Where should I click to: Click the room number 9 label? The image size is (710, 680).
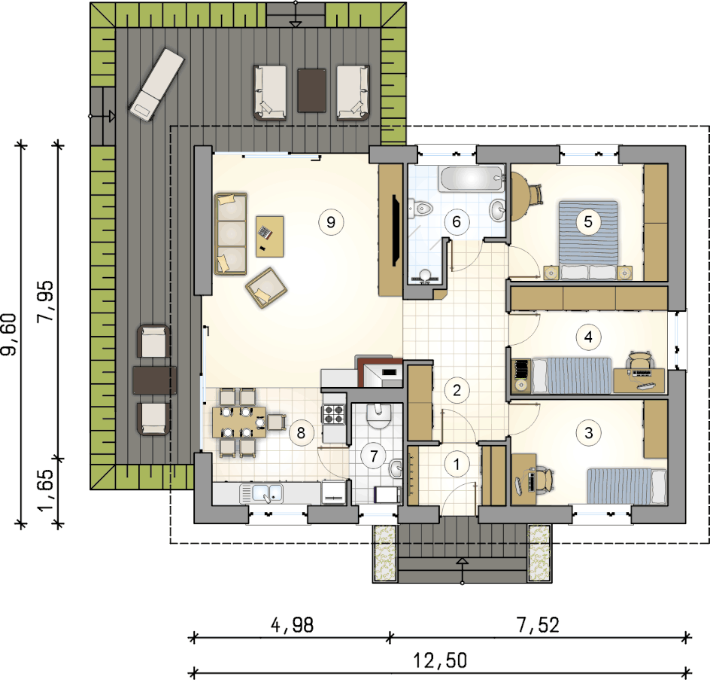pos(331,222)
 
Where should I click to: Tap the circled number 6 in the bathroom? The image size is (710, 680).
pos(457,221)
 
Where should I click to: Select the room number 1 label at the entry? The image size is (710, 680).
pos(457,464)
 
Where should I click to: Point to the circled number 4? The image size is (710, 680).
pos(588,337)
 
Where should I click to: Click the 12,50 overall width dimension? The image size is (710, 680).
pos(440,660)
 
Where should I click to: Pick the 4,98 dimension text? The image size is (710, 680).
pos(292,625)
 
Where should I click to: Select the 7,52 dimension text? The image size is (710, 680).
pos(538,625)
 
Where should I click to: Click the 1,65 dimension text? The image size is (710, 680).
pos(45,490)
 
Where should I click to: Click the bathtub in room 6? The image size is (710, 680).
pos(472,178)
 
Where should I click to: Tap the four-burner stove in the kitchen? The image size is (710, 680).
pos(334,414)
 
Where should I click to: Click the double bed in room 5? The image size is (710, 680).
pos(588,239)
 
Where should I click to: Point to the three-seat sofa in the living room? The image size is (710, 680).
pos(231,234)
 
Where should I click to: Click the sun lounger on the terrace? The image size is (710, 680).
pos(156,85)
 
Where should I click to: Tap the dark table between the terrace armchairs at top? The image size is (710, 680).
pos(311,90)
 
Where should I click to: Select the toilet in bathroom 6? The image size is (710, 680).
pos(420,209)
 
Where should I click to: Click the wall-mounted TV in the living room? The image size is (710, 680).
pos(396,230)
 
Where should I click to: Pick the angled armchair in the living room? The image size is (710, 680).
pos(266,288)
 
